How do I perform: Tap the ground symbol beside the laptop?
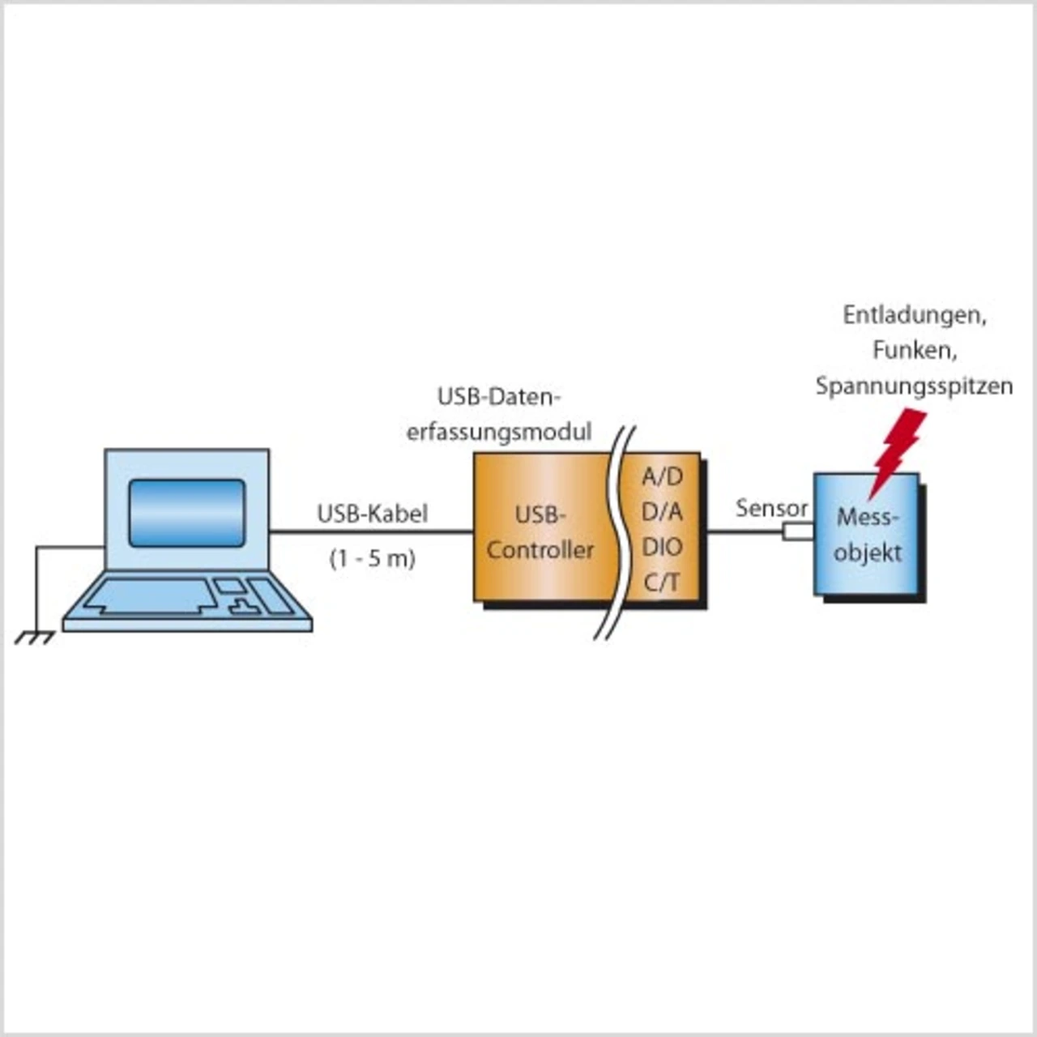(34, 638)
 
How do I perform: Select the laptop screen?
(186, 512)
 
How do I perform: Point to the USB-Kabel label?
(372, 514)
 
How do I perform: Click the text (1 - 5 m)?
(372, 558)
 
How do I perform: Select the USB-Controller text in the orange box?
(540, 532)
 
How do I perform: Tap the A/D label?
(662, 476)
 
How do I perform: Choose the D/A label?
(662, 512)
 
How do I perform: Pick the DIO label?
(662, 547)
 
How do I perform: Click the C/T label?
(662, 582)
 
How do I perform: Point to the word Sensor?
(771, 509)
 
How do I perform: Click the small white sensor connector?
(797, 531)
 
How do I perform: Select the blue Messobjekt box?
(867, 567)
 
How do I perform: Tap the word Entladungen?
(914, 315)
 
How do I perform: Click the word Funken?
(915, 351)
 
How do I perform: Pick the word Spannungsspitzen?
(914, 386)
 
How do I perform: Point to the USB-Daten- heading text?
(499, 397)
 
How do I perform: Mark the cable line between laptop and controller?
(371, 532)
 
